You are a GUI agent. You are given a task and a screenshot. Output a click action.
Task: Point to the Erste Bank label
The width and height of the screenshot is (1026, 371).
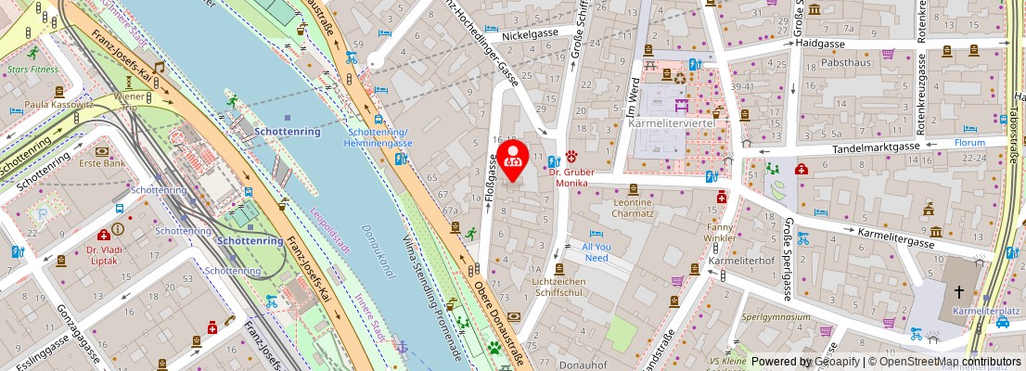point(101,163)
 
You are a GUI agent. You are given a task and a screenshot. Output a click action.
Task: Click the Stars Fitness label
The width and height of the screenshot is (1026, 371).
point(32,69)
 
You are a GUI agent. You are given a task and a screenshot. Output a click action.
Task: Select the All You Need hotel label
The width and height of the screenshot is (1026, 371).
point(596,252)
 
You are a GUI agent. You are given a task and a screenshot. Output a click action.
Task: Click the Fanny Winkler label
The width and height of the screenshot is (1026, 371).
point(720,232)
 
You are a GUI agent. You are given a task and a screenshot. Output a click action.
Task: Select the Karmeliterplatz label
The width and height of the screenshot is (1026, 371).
point(989,313)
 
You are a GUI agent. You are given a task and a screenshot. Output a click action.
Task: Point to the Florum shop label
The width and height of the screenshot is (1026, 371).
point(969,144)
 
